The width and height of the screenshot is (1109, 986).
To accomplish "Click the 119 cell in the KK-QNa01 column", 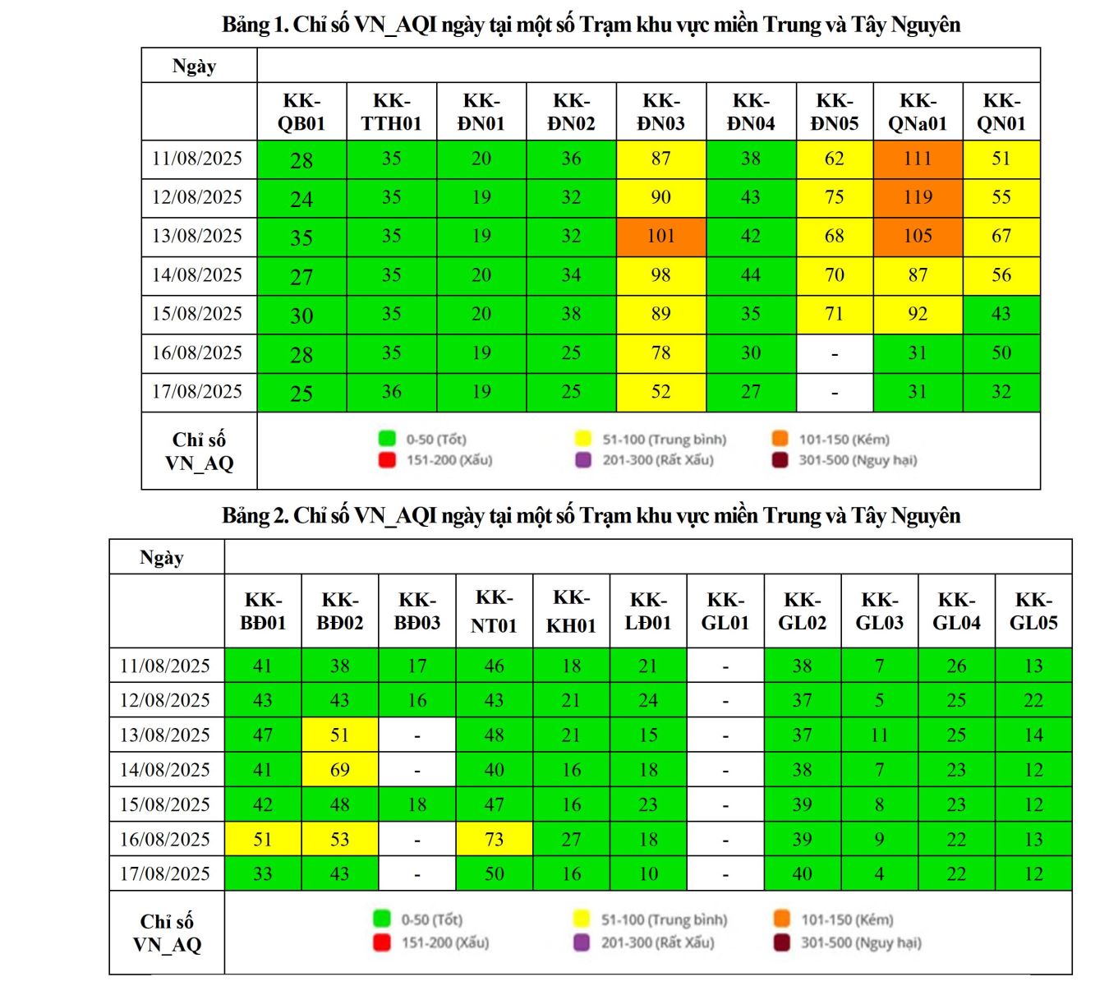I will pyautogui.click(x=917, y=197).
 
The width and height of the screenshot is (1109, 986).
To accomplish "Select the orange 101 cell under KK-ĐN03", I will pyautogui.click(x=660, y=237).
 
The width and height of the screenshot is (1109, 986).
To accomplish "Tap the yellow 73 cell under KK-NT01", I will pyautogui.click(x=494, y=840).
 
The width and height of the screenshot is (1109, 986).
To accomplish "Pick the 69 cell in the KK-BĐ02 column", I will pyautogui.click(x=339, y=770).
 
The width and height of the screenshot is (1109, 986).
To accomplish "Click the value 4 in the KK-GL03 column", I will pyautogui.click(x=879, y=874).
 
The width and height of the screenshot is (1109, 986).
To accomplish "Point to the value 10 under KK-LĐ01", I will pyautogui.click(x=648, y=874).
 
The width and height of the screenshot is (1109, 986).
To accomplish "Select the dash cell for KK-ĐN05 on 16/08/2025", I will pyautogui.click(x=834, y=353).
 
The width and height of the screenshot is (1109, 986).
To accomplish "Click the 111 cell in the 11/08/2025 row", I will pyautogui.click(x=917, y=159).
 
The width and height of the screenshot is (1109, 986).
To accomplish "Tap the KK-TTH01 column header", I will pyautogui.click(x=391, y=112).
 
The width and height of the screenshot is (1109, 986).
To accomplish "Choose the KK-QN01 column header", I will pyautogui.click(x=1001, y=112).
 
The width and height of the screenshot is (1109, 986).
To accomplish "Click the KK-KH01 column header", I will pyautogui.click(x=571, y=611).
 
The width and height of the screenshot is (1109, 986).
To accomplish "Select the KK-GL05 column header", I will pyautogui.click(x=1033, y=611).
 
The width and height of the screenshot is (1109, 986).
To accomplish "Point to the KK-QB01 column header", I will pyautogui.click(x=301, y=112).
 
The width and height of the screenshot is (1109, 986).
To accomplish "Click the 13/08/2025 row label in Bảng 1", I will pyautogui.click(x=197, y=237).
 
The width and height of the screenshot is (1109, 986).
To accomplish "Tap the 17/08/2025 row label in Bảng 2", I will pyautogui.click(x=165, y=874).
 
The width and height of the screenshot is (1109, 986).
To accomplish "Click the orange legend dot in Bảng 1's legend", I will pyautogui.click(x=780, y=439).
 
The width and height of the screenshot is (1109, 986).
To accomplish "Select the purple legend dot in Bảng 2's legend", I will pyautogui.click(x=582, y=942).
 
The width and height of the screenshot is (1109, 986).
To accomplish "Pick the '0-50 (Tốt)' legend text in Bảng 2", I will pyautogui.click(x=431, y=919).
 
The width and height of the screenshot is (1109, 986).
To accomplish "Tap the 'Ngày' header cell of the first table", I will pyautogui.click(x=194, y=66).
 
